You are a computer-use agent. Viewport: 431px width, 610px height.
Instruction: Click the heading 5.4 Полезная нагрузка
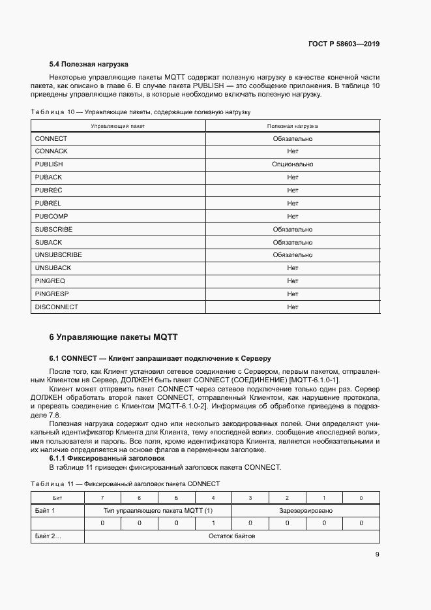click(89, 65)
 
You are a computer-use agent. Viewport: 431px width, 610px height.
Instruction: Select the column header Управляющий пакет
click(118, 125)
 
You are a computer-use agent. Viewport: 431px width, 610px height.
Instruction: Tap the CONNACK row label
click(52, 151)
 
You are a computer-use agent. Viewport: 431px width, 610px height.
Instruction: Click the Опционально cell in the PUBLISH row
click(292, 164)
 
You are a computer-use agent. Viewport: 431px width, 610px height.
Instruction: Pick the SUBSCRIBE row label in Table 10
click(54, 229)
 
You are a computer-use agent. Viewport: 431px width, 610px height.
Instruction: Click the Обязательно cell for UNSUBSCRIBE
click(292, 255)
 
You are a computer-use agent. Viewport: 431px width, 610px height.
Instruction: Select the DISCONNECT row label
click(57, 307)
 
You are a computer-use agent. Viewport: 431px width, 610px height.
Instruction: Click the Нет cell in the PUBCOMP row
click(292, 216)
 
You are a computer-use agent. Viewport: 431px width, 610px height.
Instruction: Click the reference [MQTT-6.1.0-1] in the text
click(316, 380)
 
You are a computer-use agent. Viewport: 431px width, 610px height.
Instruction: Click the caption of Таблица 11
click(125, 483)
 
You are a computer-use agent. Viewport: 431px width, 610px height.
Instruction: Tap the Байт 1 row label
click(45, 510)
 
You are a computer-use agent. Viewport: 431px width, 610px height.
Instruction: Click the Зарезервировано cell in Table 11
click(306, 510)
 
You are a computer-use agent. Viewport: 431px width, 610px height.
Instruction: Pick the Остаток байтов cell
click(231, 536)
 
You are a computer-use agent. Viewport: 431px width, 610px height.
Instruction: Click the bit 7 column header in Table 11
click(102, 498)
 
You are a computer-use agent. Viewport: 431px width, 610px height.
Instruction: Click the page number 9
click(377, 555)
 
